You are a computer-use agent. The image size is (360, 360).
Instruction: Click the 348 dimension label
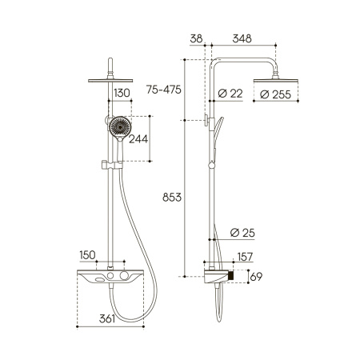pyautogui.click(x=242, y=38)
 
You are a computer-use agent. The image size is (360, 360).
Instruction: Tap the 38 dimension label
pyautogui.click(x=196, y=38)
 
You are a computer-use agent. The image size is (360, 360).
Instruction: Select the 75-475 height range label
pyautogui.click(x=164, y=90)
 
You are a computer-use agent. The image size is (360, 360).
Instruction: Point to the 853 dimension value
pyautogui.click(x=172, y=198)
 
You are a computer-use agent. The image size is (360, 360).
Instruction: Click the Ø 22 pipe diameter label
pyautogui.click(x=230, y=94)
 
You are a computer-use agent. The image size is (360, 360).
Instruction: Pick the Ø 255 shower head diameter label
pyautogui.click(x=275, y=94)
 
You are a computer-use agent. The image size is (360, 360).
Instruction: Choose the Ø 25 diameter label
pyautogui.click(x=242, y=233)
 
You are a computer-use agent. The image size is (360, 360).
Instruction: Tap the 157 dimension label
pyautogui.click(x=245, y=257)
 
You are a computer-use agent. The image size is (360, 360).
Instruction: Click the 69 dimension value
pyautogui.click(x=256, y=277)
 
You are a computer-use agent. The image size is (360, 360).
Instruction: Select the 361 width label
pyautogui.click(x=107, y=318)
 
